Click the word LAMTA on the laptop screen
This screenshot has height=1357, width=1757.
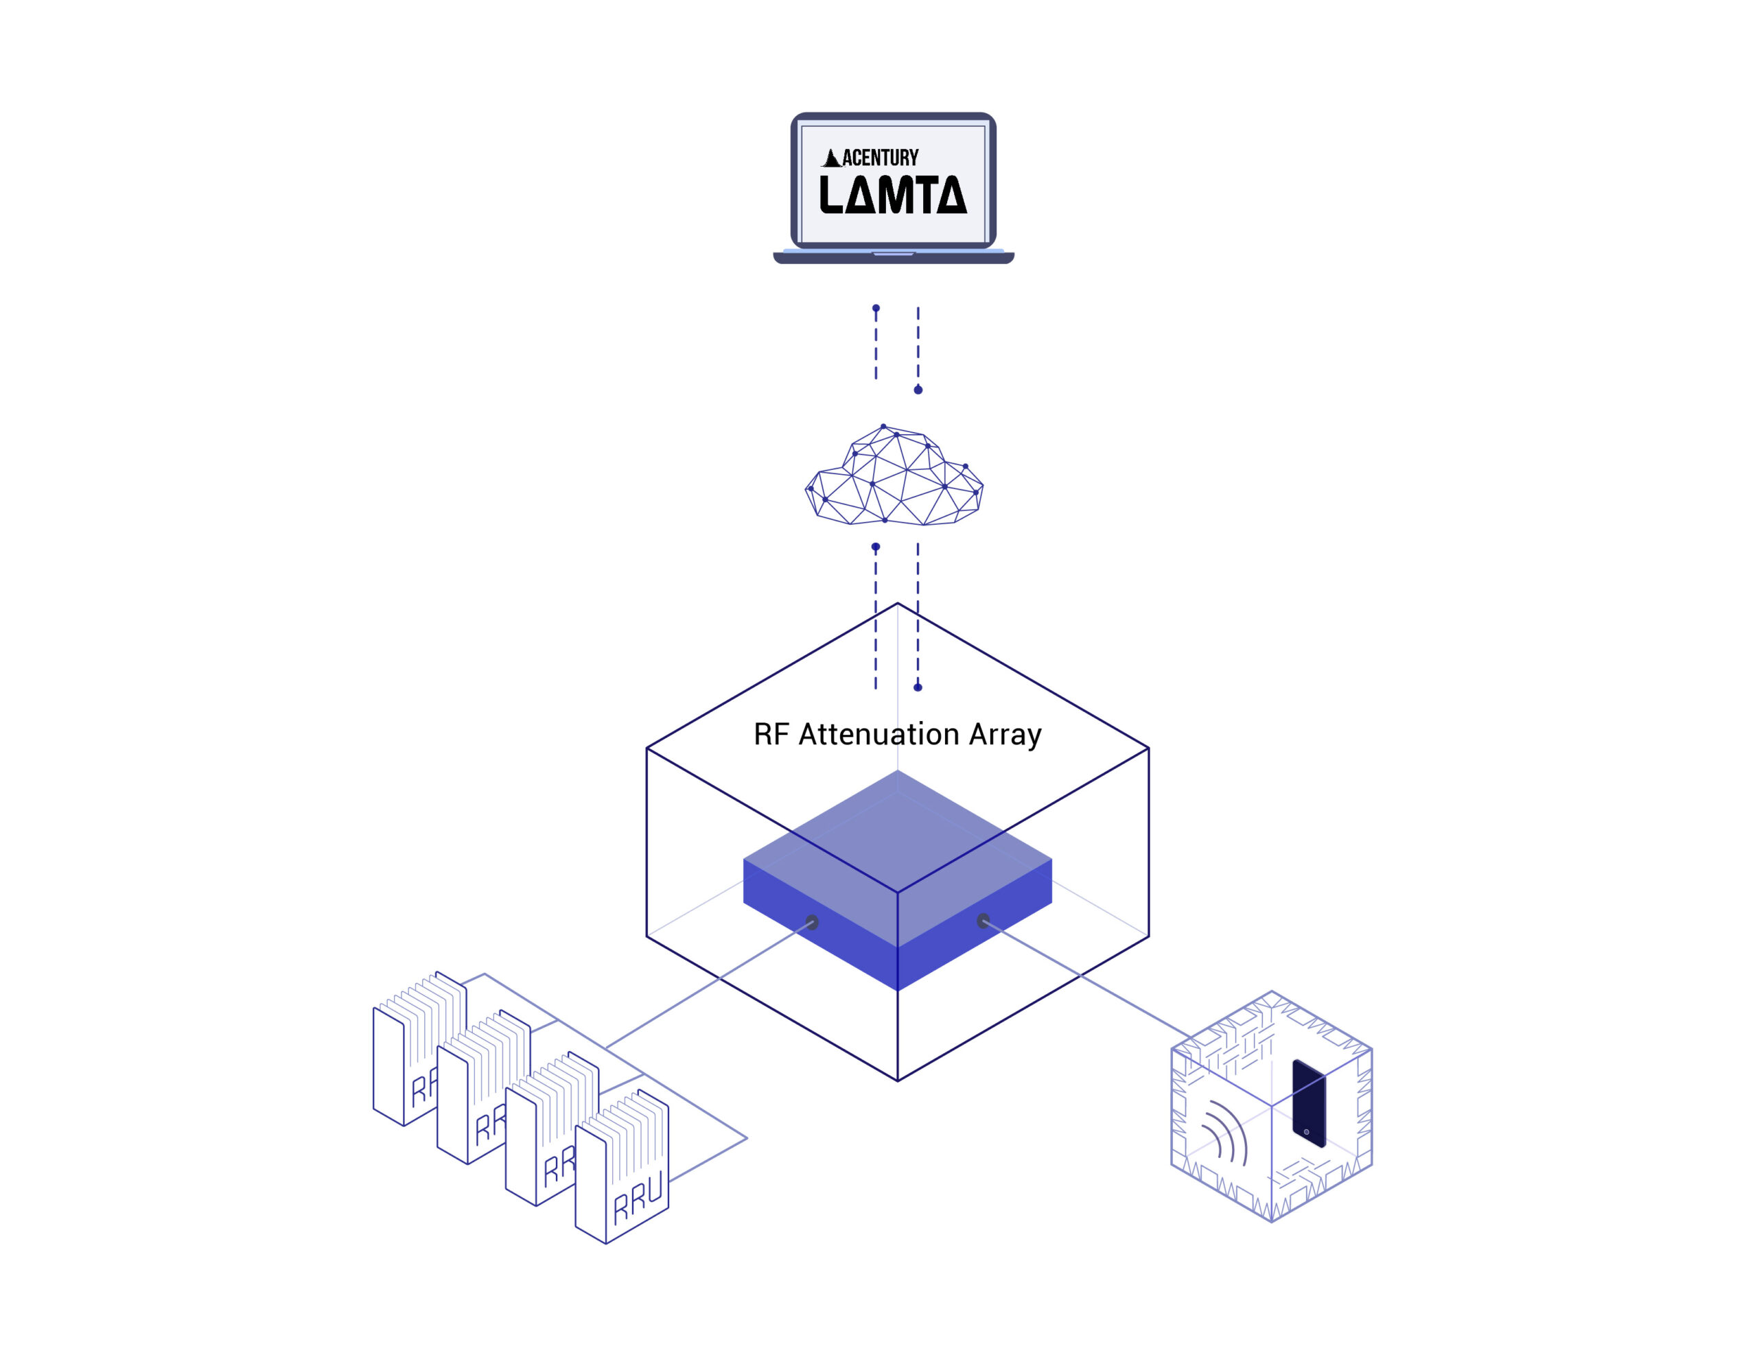[892, 195]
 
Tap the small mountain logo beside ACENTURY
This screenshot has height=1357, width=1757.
[832, 158]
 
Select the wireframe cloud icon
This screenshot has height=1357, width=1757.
[894, 475]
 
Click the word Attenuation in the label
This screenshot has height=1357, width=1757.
[878, 734]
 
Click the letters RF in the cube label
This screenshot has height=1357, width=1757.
[771, 734]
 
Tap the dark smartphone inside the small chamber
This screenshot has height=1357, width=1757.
[1308, 1102]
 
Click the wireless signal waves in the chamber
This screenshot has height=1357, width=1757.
[1224, 1134]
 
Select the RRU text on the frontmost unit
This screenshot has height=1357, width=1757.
[638, 1197]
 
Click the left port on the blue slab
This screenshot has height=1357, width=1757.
[812, 923]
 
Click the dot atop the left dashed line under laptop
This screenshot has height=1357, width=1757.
[876, 308]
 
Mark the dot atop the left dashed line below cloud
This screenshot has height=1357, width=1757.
[876, 547]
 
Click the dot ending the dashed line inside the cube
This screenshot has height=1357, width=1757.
[918, 687]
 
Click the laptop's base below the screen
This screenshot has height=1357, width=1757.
[893, 257]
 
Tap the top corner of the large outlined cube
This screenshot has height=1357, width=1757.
[898, 603]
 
